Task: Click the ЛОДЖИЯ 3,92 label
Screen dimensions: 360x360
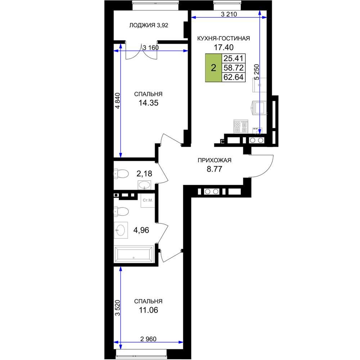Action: point(149,25)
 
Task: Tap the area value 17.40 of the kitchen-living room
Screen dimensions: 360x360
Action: point(224,47)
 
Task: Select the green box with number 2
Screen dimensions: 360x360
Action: point(213,68)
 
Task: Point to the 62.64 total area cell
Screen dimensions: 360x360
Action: point(234,77)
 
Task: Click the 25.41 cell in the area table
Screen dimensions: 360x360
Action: point(234,58)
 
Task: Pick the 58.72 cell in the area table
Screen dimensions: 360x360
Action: point(234,68)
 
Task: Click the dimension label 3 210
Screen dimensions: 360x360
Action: point(229,14)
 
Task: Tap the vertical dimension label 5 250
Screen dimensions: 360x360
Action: point(257,72)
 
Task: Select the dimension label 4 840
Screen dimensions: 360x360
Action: point(117,100)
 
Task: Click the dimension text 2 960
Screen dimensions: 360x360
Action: point(148,339)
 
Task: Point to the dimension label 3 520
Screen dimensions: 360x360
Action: point(117,308)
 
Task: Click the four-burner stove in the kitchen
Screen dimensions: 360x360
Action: point(241,126)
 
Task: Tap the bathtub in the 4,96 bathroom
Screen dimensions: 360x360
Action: point(134,254)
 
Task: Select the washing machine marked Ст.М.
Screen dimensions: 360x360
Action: point(148,201)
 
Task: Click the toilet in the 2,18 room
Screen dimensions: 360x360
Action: point(121,174)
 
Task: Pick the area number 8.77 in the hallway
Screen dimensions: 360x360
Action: point(215,169)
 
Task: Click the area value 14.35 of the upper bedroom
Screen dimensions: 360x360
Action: point(148,103)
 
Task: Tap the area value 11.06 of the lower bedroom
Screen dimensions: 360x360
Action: point(148,310)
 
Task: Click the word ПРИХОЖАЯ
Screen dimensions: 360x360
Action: point(215,160)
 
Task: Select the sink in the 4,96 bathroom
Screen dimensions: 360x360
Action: point(121,230)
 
